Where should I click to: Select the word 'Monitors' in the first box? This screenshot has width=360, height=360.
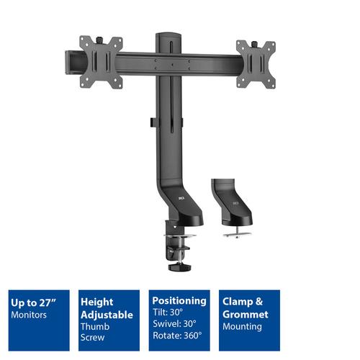tap(31, 315)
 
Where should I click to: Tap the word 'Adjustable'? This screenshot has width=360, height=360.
tap(108, 315)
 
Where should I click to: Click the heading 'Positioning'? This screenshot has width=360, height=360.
tap(180, 300)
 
